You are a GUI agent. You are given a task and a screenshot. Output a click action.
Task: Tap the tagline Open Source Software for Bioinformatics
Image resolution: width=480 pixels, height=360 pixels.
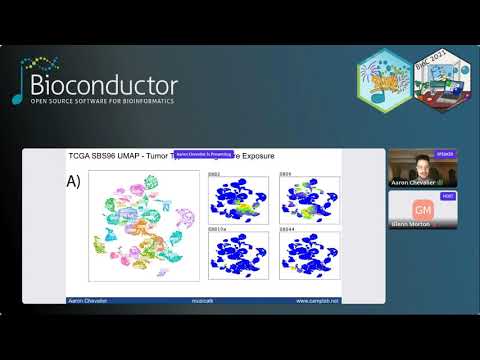pyautogui.click(x=104, y=101)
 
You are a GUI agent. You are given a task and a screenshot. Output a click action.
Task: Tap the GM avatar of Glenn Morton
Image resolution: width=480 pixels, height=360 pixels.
pyautogui.click(x=423, y=209)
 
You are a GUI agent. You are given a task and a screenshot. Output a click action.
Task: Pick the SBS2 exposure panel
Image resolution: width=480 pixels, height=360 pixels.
pyautogui.click(x=238, y=197)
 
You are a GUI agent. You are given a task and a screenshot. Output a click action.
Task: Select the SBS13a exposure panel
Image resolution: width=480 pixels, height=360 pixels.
pyautogui.click(x=238, y=255)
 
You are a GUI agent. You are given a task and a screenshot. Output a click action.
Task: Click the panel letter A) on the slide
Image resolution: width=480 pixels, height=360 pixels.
pyautogui.click(x=73, y=182)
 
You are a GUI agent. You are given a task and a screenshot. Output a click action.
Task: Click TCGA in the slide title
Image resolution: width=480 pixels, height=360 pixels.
pyautogui.click(x=82, y=155)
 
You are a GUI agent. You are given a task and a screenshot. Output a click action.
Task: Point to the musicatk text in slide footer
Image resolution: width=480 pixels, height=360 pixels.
pyautogui.click(x=204, y=299)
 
